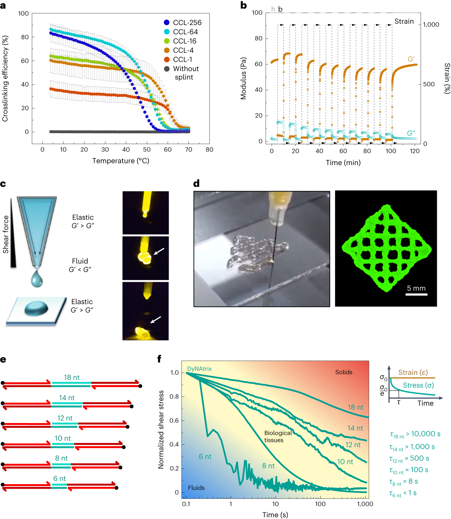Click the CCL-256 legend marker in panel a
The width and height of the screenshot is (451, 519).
[x=167, y=23]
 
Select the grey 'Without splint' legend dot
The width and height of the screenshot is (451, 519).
[x=167, y=69]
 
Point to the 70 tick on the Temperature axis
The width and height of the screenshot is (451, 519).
[x=188, y=150]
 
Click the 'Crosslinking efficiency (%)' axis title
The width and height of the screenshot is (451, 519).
[x=5, y=79]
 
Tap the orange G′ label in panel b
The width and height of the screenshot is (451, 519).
[x=411, y=59]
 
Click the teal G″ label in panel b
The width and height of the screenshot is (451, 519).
[x=411, y=133]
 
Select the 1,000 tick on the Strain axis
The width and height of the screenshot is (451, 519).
[x=431, y=25]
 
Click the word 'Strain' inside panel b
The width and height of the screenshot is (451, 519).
[x=404, y=22]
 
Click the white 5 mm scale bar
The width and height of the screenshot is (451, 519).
[x=416, y=294]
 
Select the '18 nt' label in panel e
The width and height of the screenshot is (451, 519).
[x=72, y=377]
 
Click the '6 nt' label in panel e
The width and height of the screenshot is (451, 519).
[x=59, y=479]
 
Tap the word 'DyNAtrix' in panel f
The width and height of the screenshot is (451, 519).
[x=199, y=369]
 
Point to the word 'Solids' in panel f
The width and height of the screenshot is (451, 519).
[x=344, y=372]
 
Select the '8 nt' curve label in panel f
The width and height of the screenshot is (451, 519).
[x=268, y=466]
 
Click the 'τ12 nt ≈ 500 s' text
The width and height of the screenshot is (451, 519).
[x=409, y=458]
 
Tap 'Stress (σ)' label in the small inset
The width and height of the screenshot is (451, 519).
[x=418, y=385]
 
